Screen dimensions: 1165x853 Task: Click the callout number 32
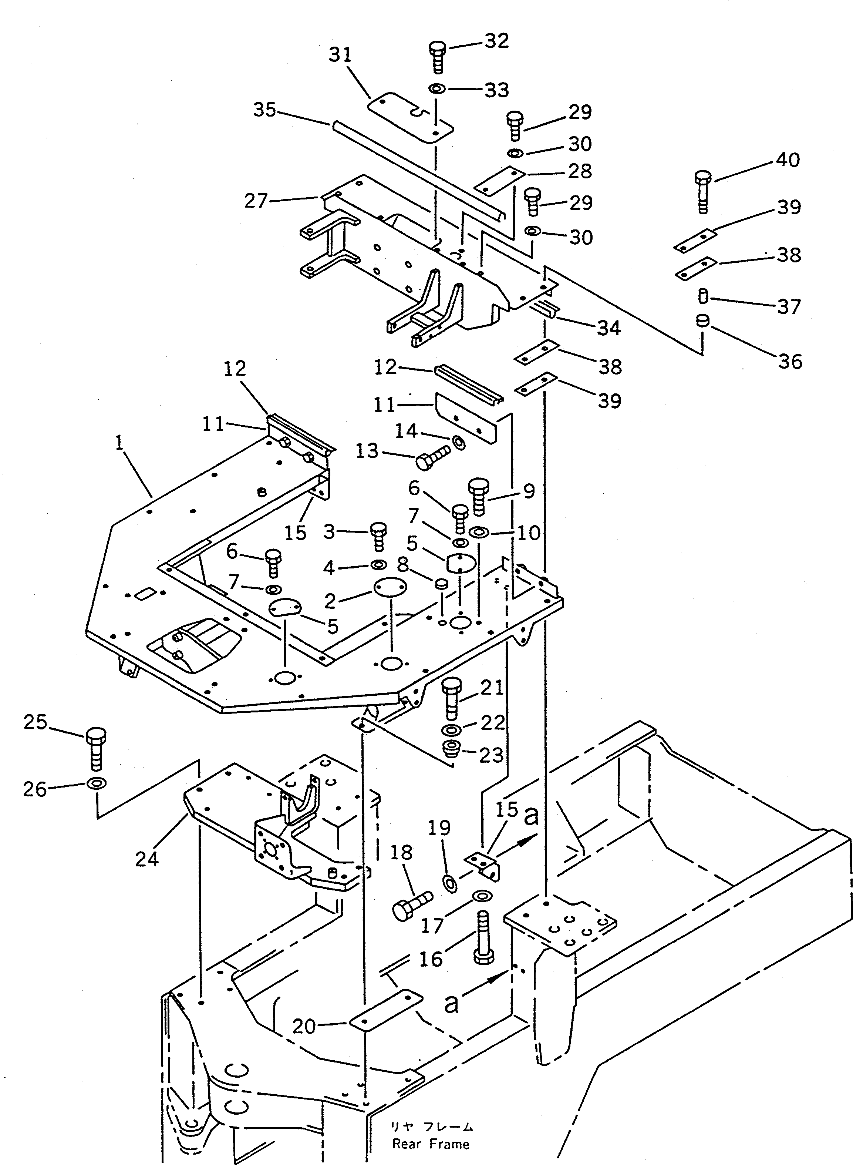[x=496, y=41]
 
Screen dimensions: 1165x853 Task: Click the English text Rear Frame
[x=431, y=1144]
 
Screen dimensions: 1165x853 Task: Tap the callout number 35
[x=265, y=110]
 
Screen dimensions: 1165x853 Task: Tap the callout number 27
[x=256, y=201]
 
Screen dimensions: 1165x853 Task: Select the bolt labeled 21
[x=451, y=699]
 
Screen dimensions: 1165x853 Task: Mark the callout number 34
[x=609, y=328]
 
